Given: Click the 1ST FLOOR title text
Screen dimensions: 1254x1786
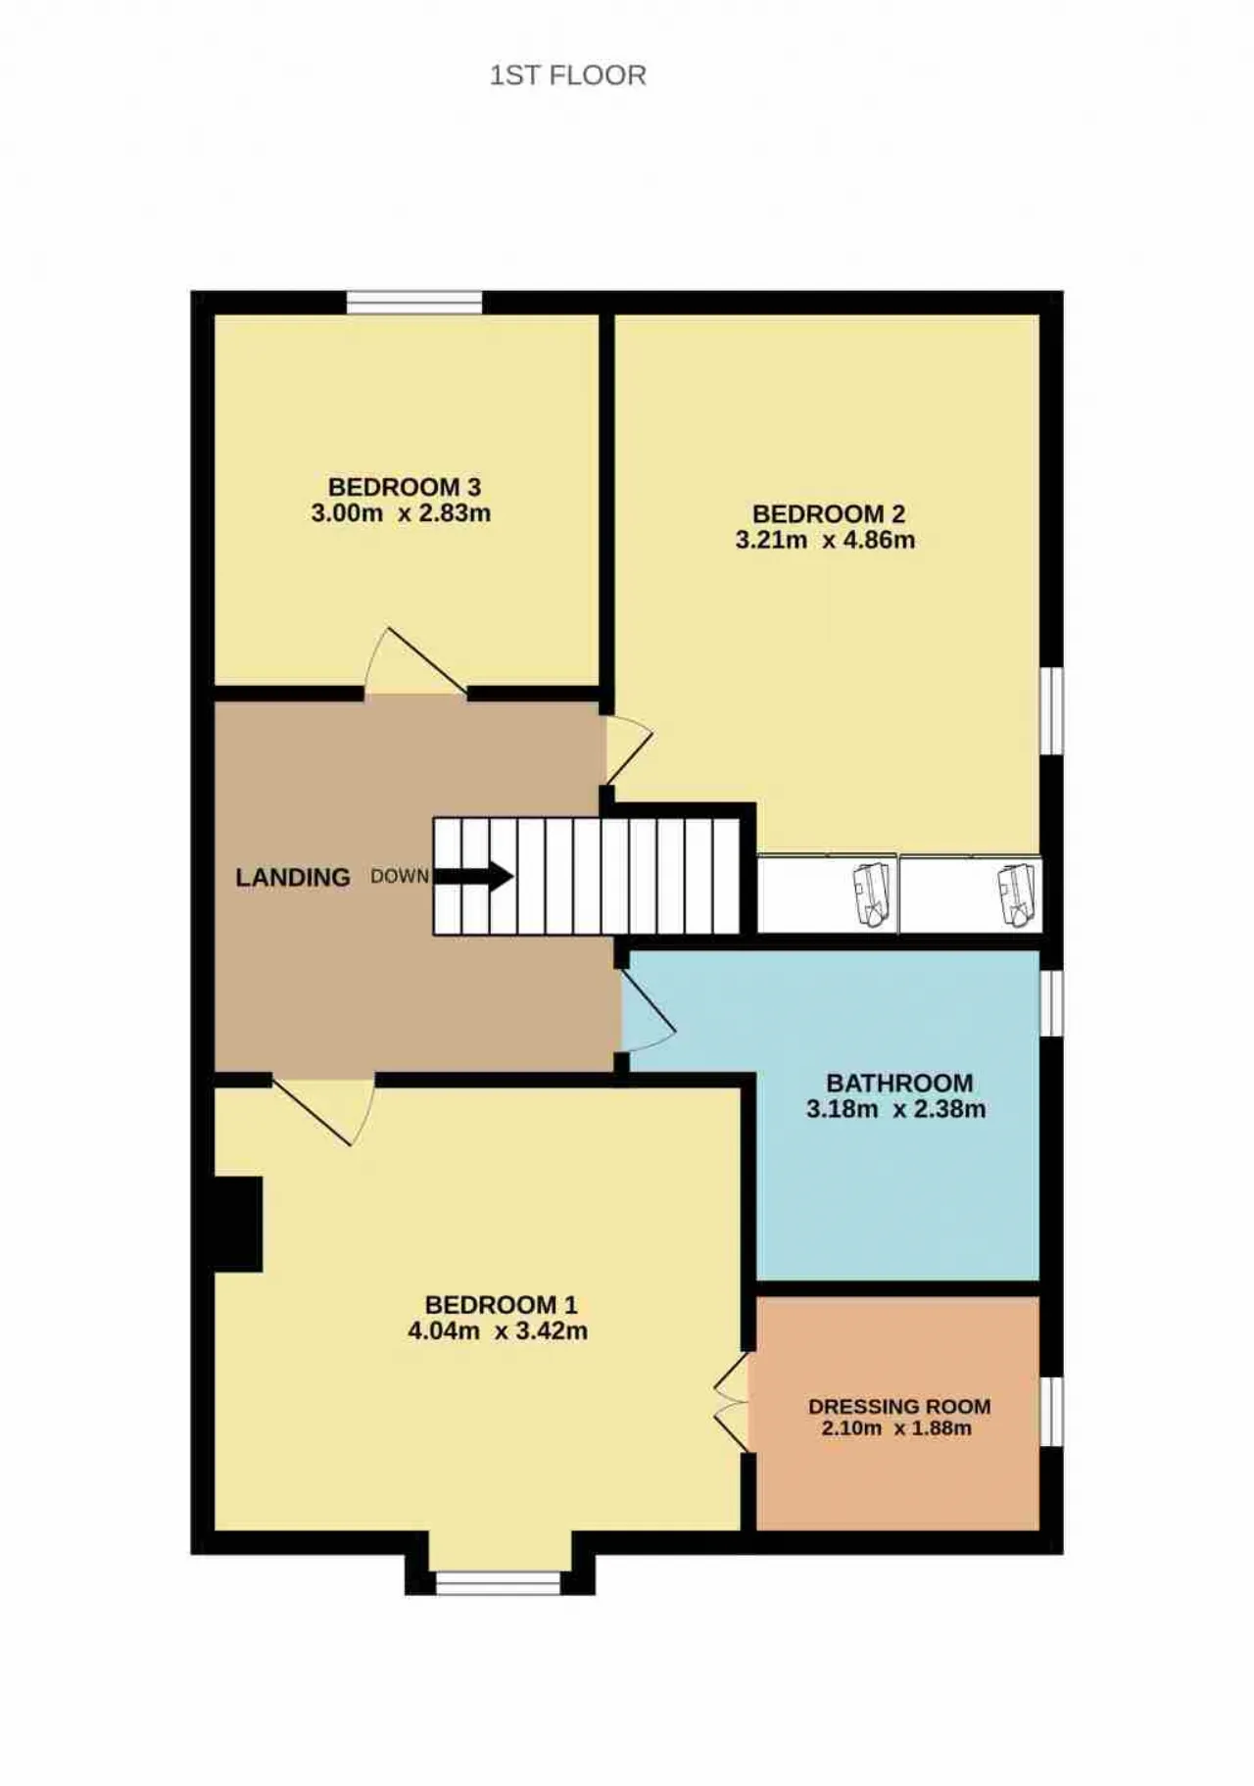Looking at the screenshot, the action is tap(568, 75).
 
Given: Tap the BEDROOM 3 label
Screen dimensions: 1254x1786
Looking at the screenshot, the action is tap(404, 487).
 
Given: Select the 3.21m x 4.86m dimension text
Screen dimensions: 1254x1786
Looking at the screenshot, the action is tap(825, 540).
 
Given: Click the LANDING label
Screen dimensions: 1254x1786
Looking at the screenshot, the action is tap(293, 877).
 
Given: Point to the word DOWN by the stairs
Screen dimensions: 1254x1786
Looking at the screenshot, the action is tap(400, 876).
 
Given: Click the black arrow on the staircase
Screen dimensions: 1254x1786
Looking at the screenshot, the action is tap(473, 876).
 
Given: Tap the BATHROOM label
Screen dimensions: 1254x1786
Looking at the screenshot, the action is tap(899, 1083).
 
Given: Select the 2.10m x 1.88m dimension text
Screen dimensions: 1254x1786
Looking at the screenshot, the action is tap(896, 1427).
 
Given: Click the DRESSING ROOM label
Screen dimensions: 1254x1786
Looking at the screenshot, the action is tap(899, 1406).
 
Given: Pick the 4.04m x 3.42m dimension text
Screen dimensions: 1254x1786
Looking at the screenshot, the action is tap(498, 1330).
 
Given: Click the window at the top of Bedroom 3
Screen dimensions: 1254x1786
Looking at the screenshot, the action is tap(414, 303).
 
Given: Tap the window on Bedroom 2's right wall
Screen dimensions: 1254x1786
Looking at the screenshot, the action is tap(1051, 711).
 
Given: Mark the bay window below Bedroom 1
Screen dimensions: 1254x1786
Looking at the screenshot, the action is tap(499, 1582).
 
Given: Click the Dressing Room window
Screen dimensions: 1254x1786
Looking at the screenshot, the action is tap(1051, 1411).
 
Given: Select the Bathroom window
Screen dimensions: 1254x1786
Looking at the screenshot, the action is tap(1051, 1002).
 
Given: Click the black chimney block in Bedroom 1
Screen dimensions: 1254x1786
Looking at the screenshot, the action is tap(238, 1224).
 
